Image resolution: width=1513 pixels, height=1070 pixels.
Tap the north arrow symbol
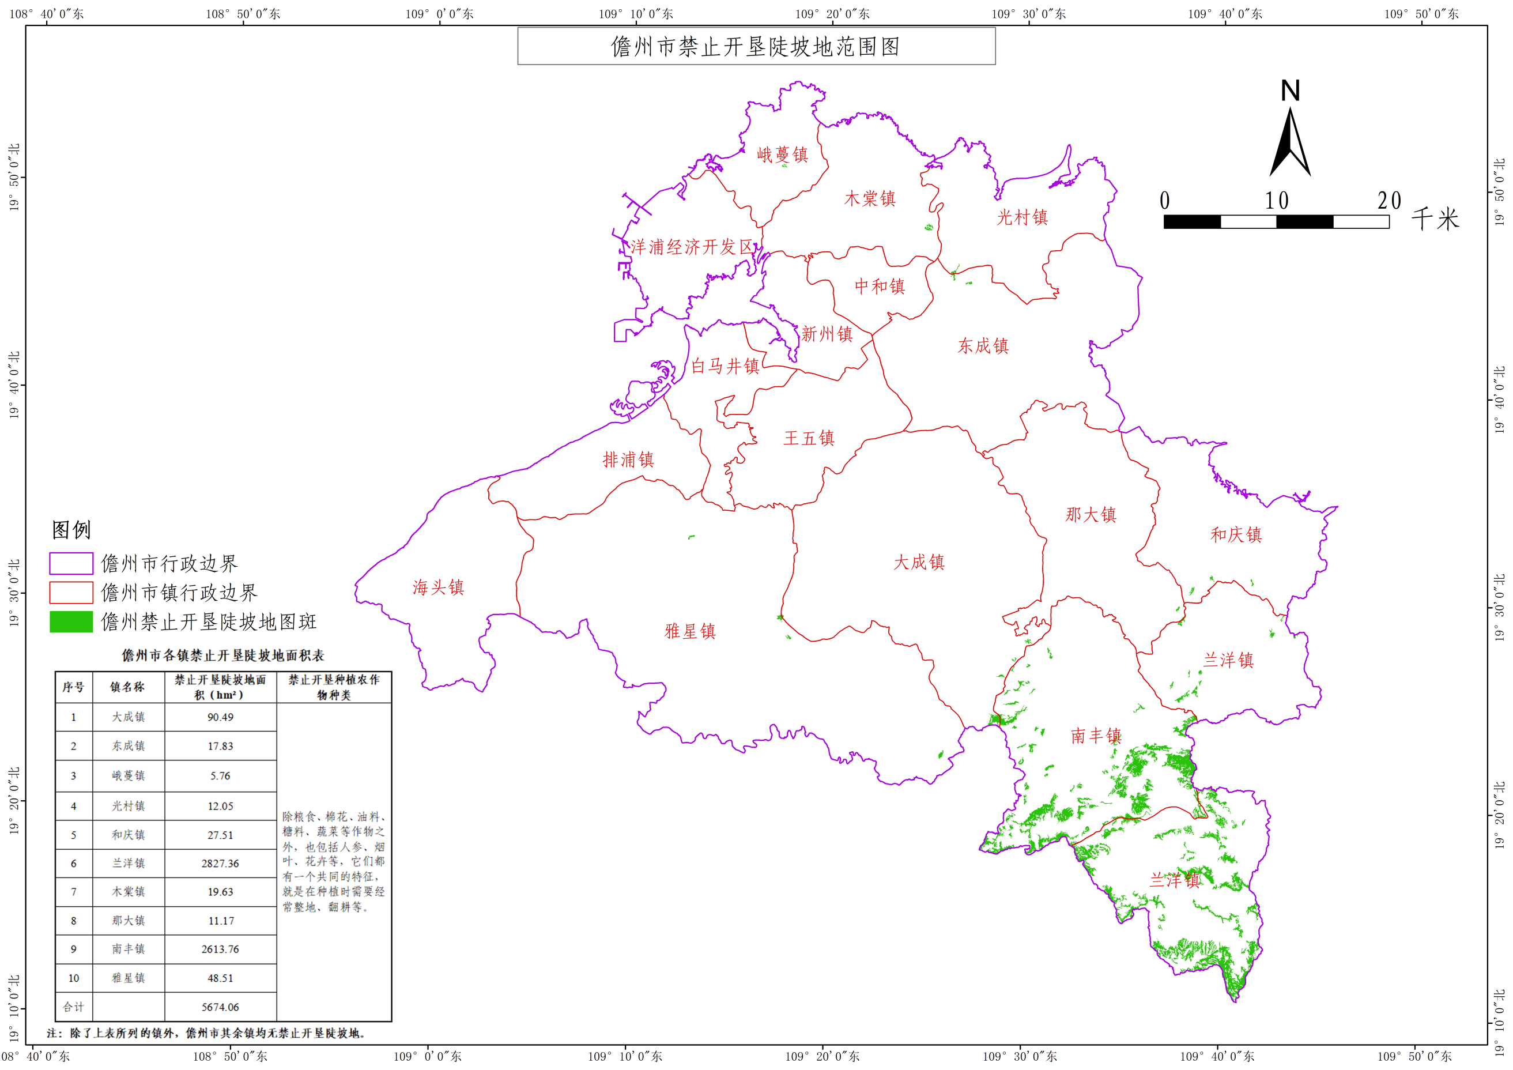tap(1289, 132)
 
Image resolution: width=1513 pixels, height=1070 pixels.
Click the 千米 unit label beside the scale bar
tap(1435, 219)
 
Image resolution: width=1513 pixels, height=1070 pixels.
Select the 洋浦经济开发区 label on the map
tap(691, 247)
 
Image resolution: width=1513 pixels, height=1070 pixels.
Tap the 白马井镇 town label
tap(725, 366)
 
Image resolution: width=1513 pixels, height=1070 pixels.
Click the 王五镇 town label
tap(809, 438)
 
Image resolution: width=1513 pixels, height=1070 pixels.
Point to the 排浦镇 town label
tap(628, 459)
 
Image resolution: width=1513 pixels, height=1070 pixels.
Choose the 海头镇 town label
tap(438, 587)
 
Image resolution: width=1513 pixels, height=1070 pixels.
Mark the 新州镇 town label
tap(827, 334)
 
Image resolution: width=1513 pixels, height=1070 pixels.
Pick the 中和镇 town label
tap(880, 286)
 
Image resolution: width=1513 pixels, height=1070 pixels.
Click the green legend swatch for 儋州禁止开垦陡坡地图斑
tap(71, 621)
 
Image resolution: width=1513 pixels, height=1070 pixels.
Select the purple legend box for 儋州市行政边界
tap(71, 564)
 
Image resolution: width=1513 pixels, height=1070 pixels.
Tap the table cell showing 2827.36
tap(220, 863)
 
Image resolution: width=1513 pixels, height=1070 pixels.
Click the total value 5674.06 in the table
tap(220, 1007)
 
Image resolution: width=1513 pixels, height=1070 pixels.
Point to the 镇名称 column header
tap(127, 687)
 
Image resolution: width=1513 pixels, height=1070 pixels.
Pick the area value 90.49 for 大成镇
tap(220, 717)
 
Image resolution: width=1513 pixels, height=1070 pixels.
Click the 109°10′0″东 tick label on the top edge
tap(635, 14)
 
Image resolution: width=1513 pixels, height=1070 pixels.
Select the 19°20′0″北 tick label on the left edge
tap(14, 800)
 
